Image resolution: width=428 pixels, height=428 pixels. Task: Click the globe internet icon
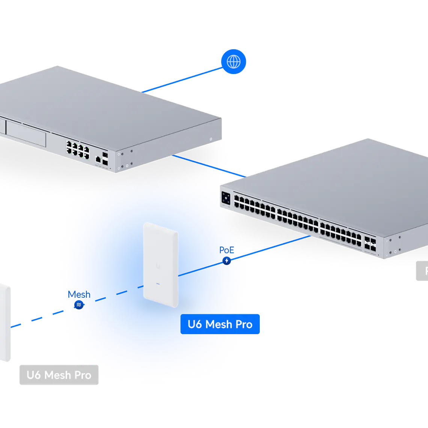234,62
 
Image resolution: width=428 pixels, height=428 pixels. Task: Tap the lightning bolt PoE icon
226,261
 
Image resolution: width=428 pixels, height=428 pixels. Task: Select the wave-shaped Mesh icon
78,305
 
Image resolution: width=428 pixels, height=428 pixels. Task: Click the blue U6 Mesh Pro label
220,324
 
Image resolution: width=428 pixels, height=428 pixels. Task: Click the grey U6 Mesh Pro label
59,375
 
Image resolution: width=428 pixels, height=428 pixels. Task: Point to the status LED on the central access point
158,284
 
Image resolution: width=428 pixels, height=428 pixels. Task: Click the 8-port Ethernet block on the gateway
78,148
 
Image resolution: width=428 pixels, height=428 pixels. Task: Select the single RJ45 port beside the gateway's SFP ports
98,159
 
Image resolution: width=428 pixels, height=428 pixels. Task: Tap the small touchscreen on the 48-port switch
226,197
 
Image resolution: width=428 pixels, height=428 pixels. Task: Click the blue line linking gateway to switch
208,166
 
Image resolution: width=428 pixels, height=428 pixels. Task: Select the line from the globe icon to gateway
180,80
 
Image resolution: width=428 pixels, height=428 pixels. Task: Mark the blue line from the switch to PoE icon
270,248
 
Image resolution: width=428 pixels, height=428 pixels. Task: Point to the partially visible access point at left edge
5,323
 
